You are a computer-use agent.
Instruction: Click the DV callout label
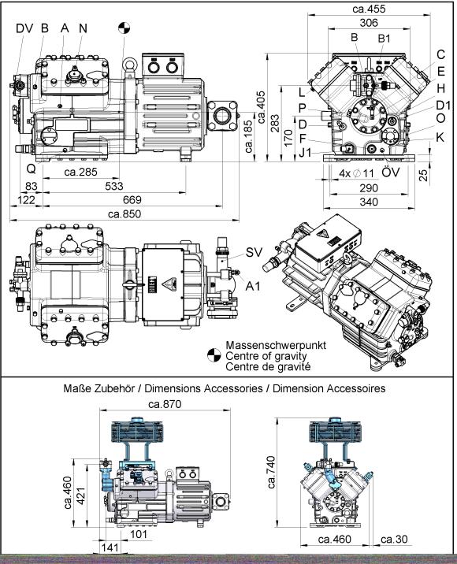[24, 28]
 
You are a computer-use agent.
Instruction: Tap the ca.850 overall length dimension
[124, 214]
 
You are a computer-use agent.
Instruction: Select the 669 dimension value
[132, 199]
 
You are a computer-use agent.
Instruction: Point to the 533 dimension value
[114, 186]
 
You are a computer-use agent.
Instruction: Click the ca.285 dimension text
[80, 172]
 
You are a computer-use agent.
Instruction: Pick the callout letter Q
[32, 169]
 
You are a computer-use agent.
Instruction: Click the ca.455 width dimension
[369, 9]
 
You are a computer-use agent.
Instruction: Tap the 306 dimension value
[369, 23]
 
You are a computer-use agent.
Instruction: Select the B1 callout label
[384, 39]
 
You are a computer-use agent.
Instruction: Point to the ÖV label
[391, 172]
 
